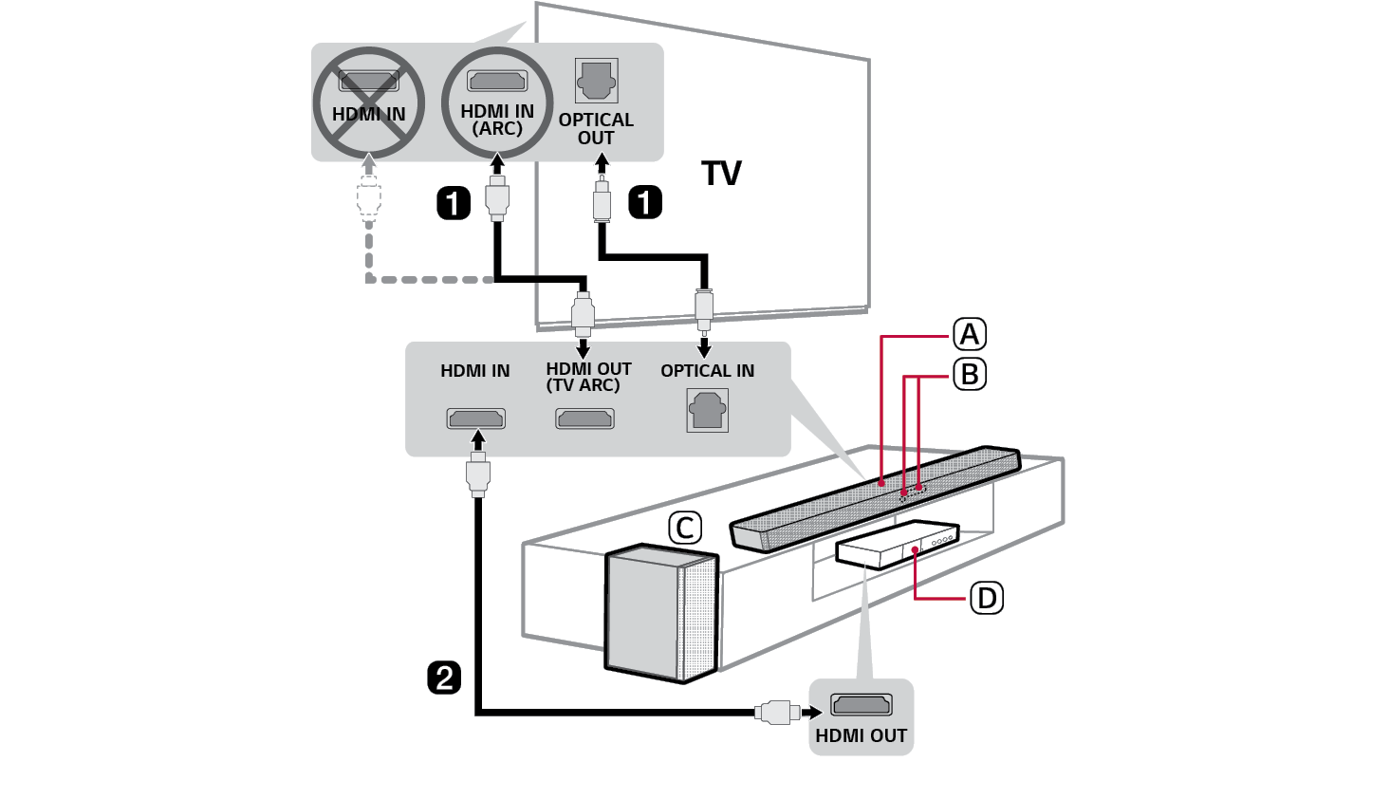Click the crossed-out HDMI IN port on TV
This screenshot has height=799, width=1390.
point(369,83)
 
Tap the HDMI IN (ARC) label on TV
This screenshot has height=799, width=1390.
point(497,120)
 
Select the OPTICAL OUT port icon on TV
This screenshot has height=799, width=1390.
point(596,82)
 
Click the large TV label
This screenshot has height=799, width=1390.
point(721,174)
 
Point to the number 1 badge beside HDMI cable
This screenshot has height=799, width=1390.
point(454,203)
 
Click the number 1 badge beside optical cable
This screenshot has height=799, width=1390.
point(645,202)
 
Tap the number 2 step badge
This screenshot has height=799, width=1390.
point(444,678)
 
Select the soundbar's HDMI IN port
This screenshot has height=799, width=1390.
point(476,418)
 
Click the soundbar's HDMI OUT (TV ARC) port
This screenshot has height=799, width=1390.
point(584,418)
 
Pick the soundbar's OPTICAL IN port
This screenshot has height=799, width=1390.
point(708,412)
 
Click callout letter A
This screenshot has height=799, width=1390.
point(970,334)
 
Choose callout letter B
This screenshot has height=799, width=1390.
point(970,375)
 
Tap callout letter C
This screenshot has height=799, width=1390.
point(685,529)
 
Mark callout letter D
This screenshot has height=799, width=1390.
point(987,599)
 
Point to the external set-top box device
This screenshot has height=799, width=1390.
point(897,546)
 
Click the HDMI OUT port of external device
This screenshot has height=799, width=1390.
point(862,705)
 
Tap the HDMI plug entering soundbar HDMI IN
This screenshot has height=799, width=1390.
point(478,474)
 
